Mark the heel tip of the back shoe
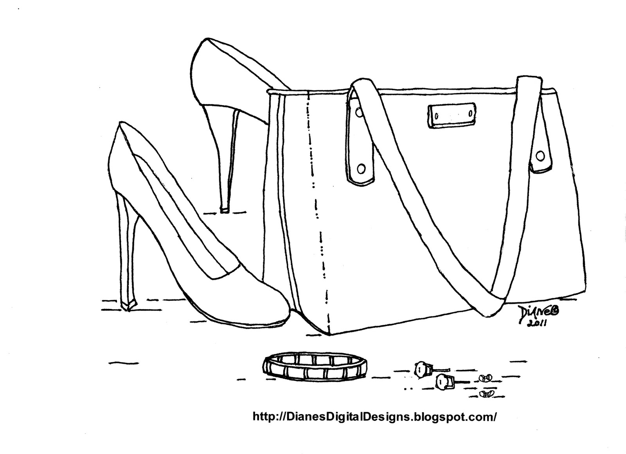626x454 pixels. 224,210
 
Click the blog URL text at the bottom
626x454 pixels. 375,416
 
